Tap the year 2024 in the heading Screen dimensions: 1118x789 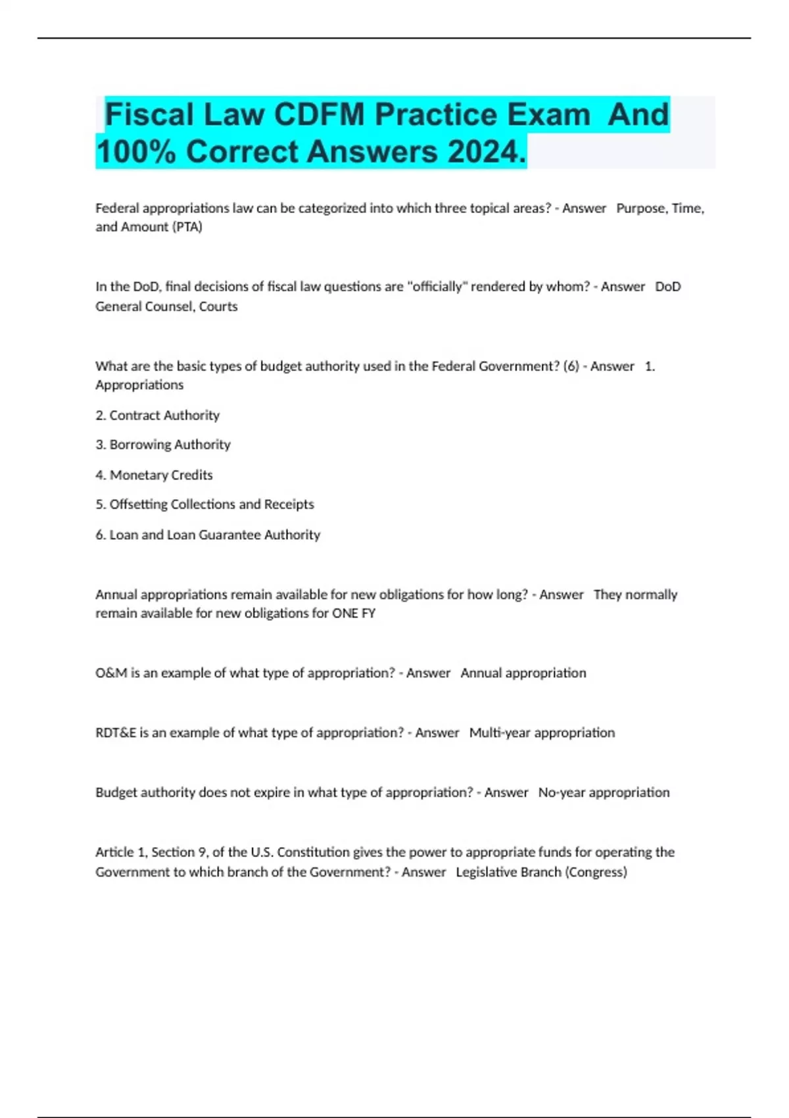point(487,152)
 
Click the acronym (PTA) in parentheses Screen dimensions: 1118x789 point(187,227)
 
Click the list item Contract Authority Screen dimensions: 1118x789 point(164,416)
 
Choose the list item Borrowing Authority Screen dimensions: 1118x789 point(170,445)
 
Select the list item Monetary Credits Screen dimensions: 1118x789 point(161,475)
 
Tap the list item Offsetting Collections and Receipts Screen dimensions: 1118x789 point(211,504)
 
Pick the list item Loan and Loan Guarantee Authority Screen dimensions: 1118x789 point(214,535)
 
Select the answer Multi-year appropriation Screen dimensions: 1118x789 point(542,733)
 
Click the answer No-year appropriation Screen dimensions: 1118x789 point(604,792)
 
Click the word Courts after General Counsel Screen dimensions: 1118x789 point(218,306)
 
